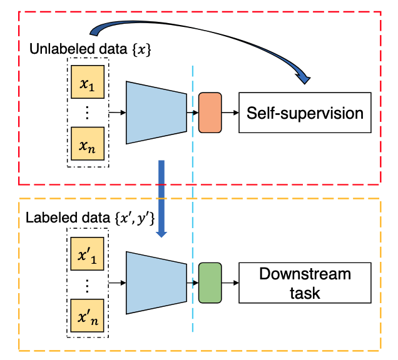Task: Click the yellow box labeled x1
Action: tap(88, 82)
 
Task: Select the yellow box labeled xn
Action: tap(88, 144)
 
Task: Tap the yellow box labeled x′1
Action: tap(87, 254)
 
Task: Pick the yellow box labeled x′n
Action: tap(87, 316)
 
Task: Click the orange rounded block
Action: tap(210, 112)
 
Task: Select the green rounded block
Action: tap(210, 282)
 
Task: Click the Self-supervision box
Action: tap(305, 112)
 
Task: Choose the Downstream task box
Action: tap(305, 282)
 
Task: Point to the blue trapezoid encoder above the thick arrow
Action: tap(156, 112)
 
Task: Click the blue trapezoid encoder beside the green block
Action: tap(156, 282)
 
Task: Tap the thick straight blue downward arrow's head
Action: tap(161, 234)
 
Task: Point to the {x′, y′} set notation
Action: tap(135, 218)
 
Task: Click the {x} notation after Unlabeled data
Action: tap(141, 49)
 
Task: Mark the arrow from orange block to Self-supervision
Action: tap(230, 112)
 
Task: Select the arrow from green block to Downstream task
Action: tap(230, 282)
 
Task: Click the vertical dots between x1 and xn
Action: tap(88, 112)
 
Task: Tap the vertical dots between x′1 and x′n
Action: tap(87, 286)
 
